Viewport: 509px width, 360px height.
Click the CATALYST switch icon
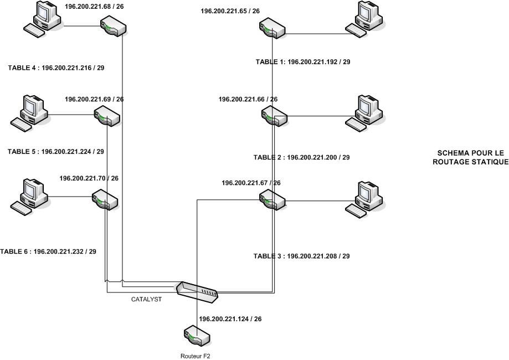point(197,291)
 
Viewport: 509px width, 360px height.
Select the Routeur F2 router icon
point(196,336)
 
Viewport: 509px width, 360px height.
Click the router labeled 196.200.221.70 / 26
point(105,199)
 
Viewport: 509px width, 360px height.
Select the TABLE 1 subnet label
point(302,62)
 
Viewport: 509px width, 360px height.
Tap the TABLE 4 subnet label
point(56,68)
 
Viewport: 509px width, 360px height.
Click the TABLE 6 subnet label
point(48,251)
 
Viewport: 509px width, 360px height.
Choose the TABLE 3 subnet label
point(301,256)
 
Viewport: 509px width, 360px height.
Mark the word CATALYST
point(146,299)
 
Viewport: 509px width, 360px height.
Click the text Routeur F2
point(196,356)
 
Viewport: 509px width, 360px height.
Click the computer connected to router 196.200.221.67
point(366,197)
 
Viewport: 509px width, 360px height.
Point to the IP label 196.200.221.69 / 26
point(94,100)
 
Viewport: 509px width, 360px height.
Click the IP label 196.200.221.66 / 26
point(248,99)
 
